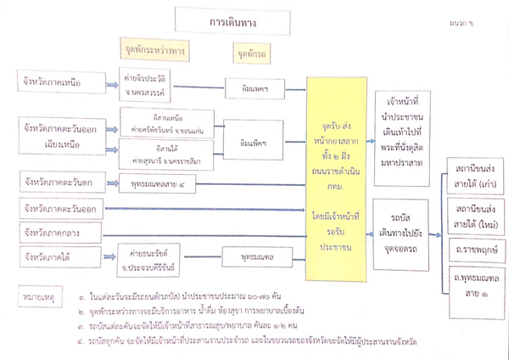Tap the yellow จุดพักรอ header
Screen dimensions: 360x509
coord(249,51)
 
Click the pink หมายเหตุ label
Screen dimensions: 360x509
coord(38,298)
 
